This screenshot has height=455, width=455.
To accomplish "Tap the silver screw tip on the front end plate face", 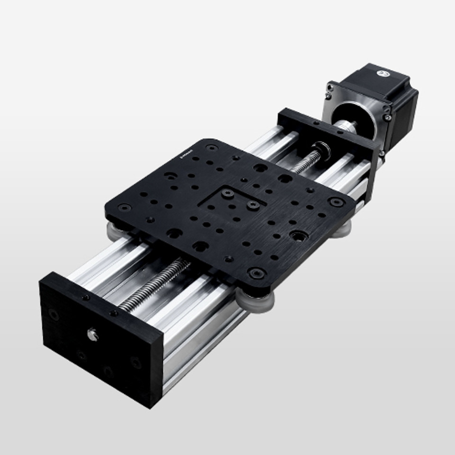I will coord(93,335).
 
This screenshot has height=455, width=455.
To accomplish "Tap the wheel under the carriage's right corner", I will coord(342,230).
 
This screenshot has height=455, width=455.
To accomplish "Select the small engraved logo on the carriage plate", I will coord(185,155).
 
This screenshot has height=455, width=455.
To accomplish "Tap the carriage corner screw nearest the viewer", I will coord(256,273).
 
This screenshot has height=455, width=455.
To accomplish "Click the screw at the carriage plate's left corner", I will coord(125,208).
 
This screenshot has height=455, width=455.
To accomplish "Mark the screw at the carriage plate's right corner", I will coord(337,202).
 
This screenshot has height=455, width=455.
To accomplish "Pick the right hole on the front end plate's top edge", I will coord(113,313).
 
